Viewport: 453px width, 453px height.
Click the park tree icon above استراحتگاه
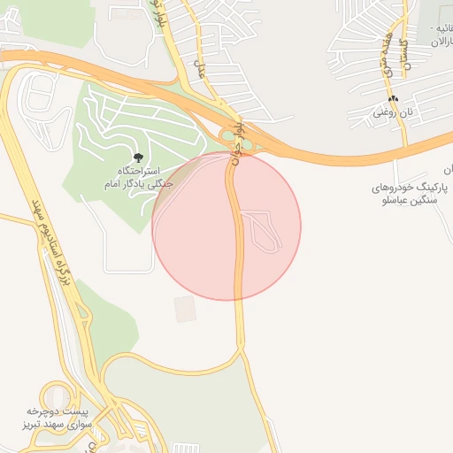137,157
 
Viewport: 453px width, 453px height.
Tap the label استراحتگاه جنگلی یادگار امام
140,177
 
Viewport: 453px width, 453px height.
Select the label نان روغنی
392,112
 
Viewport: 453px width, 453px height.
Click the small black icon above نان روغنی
393,98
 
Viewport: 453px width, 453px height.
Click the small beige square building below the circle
184,309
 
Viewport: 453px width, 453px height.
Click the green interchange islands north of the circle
237,139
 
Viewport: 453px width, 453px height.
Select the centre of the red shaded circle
226,226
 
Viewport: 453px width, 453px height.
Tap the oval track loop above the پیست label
56,395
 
